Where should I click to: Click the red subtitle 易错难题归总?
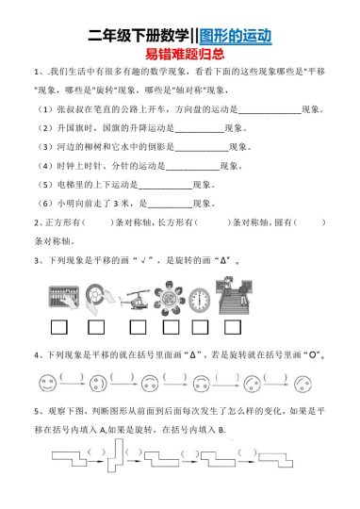180,57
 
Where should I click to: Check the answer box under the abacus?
56,328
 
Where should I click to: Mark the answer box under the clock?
197,328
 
